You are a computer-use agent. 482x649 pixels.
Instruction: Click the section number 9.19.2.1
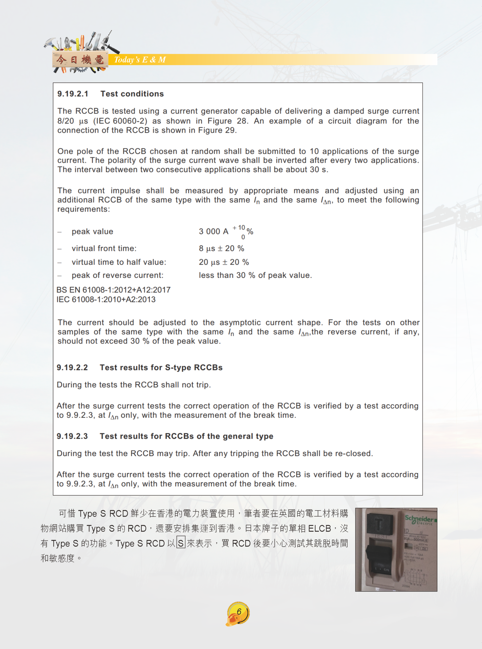click(73, 94)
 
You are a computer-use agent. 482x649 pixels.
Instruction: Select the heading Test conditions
click(132, 94)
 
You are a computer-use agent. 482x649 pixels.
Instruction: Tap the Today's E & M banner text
click(140, 60)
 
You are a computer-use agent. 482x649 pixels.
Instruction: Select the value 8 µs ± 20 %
click(221, 248)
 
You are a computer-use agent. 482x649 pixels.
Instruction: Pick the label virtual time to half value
click(119, 262)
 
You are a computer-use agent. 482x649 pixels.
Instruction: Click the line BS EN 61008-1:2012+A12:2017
click(113, 290)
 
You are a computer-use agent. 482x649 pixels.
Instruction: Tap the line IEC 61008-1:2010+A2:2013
click(106, 299)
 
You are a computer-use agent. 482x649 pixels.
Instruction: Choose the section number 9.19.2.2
click(72, 367)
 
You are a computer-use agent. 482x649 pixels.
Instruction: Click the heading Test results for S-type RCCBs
click(161, 367)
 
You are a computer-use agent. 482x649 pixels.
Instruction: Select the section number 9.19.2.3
click(72, 436)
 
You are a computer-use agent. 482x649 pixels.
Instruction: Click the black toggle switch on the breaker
click(379, 561)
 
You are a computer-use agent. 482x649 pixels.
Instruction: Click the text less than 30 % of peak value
click(255, 275)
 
